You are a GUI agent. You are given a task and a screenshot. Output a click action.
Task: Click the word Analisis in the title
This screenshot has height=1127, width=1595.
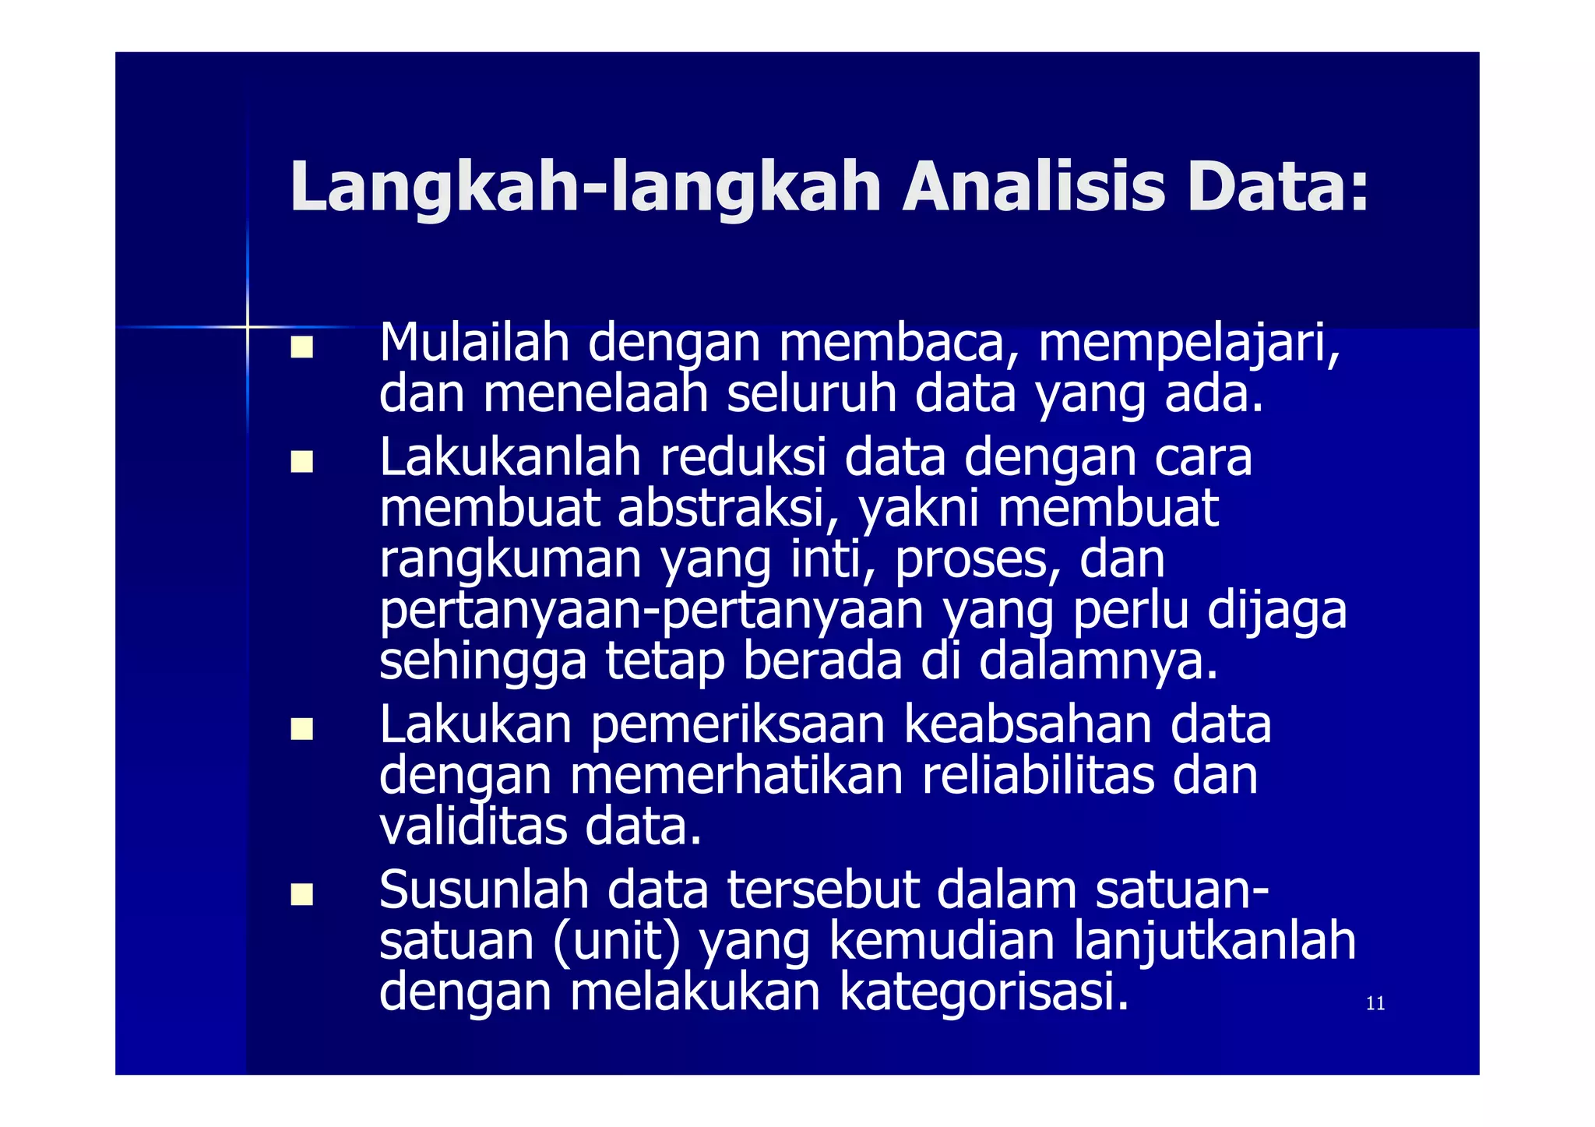1033,188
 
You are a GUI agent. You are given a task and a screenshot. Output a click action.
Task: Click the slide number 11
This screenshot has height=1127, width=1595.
1375,1003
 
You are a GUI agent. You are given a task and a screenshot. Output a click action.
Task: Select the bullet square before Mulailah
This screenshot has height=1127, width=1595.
301,347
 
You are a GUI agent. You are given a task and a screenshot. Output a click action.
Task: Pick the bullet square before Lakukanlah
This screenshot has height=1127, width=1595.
301,462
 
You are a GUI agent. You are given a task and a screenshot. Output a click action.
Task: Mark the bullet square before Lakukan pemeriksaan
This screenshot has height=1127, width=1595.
301,729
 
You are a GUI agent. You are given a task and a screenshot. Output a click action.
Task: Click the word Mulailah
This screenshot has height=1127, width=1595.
474,343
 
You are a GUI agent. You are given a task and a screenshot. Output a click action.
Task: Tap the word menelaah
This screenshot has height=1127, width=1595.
595,394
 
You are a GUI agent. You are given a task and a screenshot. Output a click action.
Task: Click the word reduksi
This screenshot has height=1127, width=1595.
742,457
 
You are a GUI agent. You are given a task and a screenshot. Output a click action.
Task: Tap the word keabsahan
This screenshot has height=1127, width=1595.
1027,725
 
